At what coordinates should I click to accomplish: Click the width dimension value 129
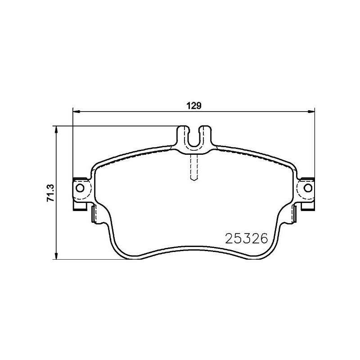tap(193, 107)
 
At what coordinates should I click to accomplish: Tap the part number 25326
tap(246, 238)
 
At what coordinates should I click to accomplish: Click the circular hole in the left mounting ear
tap(80, 188)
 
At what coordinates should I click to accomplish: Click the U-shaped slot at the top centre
tap(194, 138)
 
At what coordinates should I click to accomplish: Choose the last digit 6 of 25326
tap(263, 238)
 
